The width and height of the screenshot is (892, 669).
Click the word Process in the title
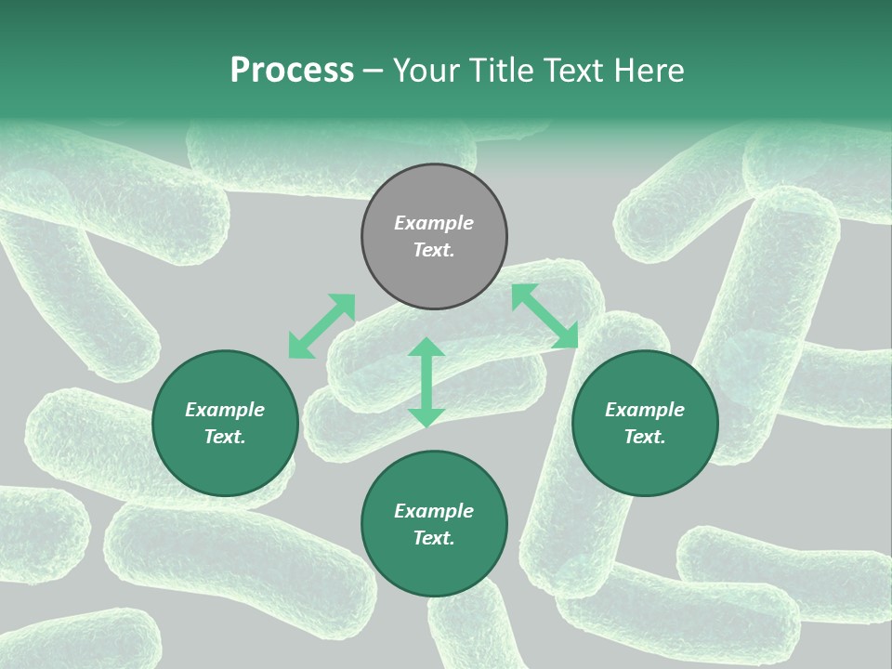(292, 71)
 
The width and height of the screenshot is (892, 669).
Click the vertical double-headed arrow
(426, 382)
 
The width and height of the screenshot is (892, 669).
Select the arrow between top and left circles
(321, 326)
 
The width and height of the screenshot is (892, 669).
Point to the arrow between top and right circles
(544, 316)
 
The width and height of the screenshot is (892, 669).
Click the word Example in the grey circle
(434, 223)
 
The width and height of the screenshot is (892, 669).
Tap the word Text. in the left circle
(225, 437)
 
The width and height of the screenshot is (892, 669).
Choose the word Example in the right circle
(645, 410)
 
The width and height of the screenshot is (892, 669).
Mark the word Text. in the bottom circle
(434, 538)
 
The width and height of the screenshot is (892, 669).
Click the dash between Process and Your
(373, 72)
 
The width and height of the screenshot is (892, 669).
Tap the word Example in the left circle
(225, 410)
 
